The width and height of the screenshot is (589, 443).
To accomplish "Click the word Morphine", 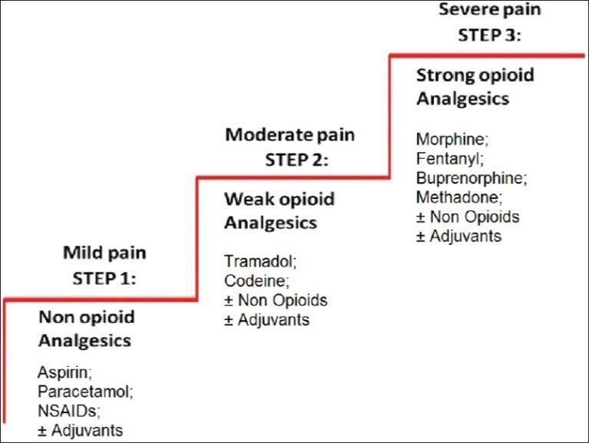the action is (x=450, y=139).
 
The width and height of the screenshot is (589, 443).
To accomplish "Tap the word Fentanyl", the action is (x=448, y=159).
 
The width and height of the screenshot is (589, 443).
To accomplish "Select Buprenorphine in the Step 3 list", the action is (x=468, y=178).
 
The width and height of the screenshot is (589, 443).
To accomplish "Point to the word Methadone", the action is (x=457, y=197).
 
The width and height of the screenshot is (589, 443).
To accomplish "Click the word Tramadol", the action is (x=258, y=261).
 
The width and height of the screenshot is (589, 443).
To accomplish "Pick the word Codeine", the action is (x=255, y=281).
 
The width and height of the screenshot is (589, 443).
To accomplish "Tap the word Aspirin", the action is (x=62, y=373).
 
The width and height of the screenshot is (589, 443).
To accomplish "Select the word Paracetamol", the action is (x=83, y=392).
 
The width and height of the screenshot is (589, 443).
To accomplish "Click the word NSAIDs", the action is (x=67, y=411).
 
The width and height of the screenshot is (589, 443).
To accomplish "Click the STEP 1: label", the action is (x=104, y=279).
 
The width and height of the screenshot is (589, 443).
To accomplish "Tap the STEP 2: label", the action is (x=296, y=160).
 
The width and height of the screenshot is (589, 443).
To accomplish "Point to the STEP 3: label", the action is (x=489, y=35).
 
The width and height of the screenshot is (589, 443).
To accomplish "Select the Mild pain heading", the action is (x=104, y=253).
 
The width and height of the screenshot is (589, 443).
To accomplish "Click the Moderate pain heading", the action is (x=290, y=135).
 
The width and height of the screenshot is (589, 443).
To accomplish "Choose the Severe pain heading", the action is (x=490, y=9).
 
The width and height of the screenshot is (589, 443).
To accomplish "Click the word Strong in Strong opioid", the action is (x=442, y=75).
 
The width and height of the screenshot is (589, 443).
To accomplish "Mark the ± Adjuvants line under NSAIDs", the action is (x=80, y=431).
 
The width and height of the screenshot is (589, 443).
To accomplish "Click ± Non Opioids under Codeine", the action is (x=276, y=300).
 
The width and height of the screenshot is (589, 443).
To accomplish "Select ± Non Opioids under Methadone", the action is (x=468, y=217).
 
